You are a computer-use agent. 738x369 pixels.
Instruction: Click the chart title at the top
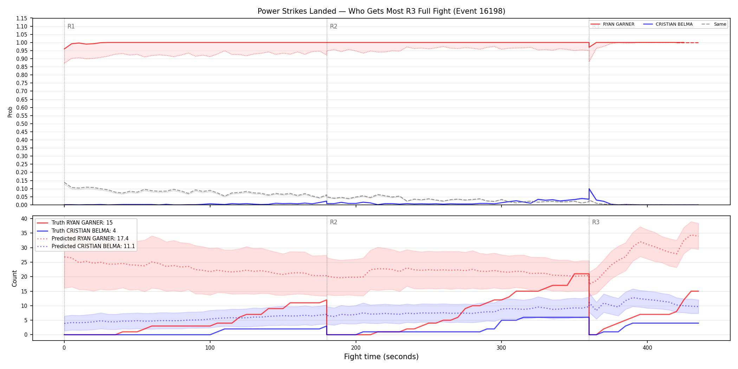pyautogui.click(x=381, y=11)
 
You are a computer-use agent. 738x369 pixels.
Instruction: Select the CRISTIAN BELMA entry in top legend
pyautogui.click(x=668, y=24)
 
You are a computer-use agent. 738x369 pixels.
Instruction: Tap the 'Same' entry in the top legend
pyautogui.click(x=714, y=24)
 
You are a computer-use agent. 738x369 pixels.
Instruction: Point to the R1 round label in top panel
pyautogui.click(x=71, y=26)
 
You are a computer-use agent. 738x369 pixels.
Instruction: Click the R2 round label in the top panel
pyautogui.click(x=334, y=26)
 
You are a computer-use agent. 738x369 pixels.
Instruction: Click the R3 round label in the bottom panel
pyautogui.click(x=596, y=222)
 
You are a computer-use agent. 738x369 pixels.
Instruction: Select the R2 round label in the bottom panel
pyautogui.click(x=334, y=222)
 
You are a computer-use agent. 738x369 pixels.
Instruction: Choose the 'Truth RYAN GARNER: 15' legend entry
pyautogui.click(x=75, y=223)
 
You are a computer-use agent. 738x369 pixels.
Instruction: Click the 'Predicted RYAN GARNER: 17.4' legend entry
pyautogui.click(x=83, y=238)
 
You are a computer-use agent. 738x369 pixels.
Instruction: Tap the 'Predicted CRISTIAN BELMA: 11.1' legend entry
pyautogui.click(x=86, y=246)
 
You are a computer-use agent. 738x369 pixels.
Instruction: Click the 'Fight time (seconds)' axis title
pyautogui.click(x=381, y=357)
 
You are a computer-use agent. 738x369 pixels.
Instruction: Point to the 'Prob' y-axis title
pyautogui.click(x=10, y=112)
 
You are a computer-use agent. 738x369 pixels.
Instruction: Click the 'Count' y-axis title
pyautogui.click(x=14, y=278)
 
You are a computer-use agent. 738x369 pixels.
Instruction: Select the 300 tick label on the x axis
pyautogui.click(x=501, y=348)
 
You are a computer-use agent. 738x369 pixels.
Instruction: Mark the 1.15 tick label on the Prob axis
pyautogui.click(x=22, y=18)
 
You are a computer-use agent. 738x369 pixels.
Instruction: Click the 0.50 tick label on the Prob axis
pyautogui.click(x=22, y=124)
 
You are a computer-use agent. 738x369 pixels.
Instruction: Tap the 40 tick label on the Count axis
pyautogui.click(x=24, y=219)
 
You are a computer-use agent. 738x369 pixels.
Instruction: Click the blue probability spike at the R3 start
pyautogui.click(x=589, y=189)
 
